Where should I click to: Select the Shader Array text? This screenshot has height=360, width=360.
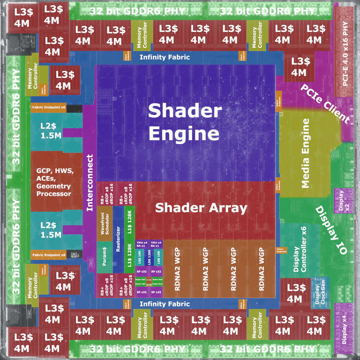pos(201,207)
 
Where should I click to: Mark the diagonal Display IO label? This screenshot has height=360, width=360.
pos(331,230)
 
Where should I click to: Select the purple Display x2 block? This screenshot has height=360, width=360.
pos(340,201)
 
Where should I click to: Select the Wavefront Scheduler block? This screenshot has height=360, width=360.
pos(105,223)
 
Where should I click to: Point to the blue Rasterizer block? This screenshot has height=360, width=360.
pos(119,230)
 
